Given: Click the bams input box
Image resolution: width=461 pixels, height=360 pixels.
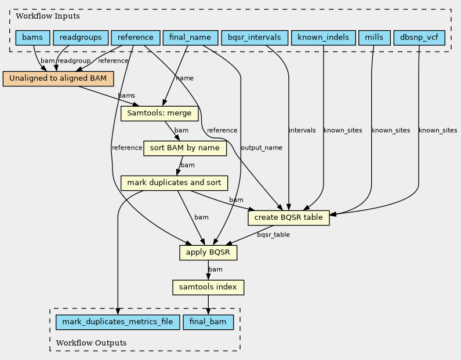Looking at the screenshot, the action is tap(32, 38).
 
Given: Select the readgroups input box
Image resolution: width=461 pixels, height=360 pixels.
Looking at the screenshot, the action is tap(81, 38).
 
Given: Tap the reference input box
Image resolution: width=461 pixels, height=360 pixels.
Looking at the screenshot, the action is tap(136, 38).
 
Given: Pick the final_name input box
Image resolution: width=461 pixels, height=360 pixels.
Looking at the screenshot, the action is tap(190, 38).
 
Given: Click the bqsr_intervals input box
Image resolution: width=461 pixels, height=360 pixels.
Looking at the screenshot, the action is tap(255, 38).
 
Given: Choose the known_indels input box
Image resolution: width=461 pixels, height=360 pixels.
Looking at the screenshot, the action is tap(324, 38).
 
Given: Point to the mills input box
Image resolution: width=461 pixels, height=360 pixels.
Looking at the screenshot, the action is tap(374, 38).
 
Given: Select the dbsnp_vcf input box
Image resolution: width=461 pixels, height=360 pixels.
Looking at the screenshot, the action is tap(419, 38).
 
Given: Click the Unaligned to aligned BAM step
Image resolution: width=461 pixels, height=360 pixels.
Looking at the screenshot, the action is tap(58, 78).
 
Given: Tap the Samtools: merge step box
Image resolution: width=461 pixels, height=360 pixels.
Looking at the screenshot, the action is tap(159, 113).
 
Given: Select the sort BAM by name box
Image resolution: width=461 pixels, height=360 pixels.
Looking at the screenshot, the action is tap(185, 148).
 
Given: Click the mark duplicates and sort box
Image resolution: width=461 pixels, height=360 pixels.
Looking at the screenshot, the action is tap(174, 183).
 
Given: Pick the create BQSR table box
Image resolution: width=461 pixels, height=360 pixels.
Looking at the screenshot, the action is tap(288, 218).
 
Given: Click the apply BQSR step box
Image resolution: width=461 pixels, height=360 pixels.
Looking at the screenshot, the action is tap(208, 252).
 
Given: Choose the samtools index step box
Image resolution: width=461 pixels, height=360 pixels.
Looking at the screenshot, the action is tap(208, 287).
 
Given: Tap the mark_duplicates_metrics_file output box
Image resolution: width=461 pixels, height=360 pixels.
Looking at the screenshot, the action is tap(118, 322).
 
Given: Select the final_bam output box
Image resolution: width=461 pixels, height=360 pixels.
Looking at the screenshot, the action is tap(208, 322).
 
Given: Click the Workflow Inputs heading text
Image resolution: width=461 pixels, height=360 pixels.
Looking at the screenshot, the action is tap(48, 16).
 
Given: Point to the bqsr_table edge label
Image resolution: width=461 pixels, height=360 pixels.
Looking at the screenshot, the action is tap(274, 235).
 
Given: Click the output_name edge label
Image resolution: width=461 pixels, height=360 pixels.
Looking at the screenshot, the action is tap(262, 147).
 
